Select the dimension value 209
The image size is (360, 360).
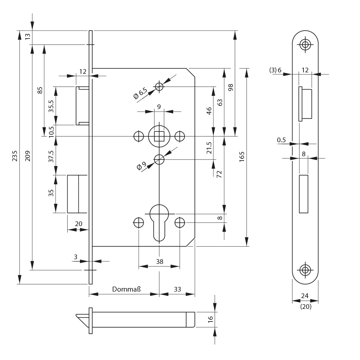[x=28, y=156]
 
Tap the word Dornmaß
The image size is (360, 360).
[x=126, y=289]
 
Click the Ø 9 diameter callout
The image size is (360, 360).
[x=141, y=166]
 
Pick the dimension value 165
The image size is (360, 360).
[x=242, y=156]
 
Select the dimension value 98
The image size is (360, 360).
[x=231, y=87]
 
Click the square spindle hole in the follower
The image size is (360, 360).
[x=159, y=136]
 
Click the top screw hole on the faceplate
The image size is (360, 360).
[x=305, y=45]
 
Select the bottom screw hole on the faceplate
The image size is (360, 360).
[x=305, y=270]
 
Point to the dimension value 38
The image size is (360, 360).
[x=159, y=262]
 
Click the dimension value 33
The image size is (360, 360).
[x=177, y=289]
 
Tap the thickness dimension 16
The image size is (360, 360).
[x=211, y=318]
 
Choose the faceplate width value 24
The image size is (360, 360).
[x=305, y=296]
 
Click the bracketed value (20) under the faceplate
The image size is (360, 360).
[x=305, y=307]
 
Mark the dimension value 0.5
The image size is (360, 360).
[x=282, y=140]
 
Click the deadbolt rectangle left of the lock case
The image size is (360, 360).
[x=78, y=194]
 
